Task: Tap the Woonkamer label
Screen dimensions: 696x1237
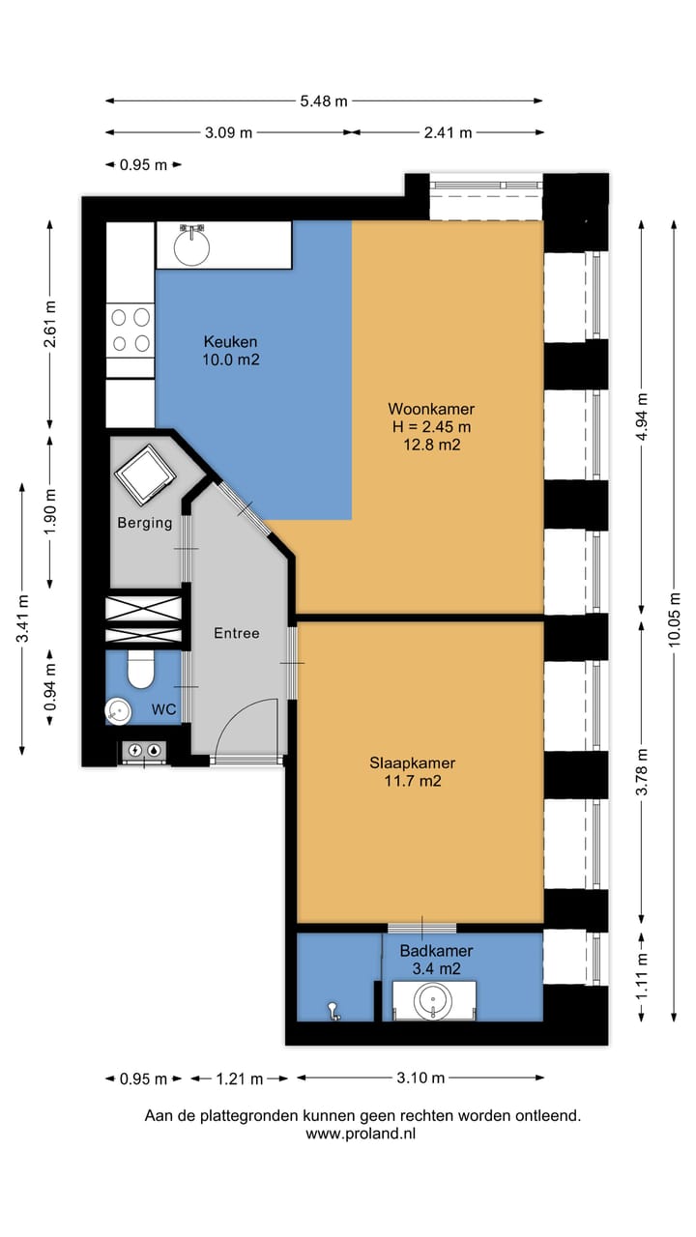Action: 431,409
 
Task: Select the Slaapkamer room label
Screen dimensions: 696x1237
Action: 413,762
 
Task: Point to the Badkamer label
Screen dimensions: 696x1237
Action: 436,950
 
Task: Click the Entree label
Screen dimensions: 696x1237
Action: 237,633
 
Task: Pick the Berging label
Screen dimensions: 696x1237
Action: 145,523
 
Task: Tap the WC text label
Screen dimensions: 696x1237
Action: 163,709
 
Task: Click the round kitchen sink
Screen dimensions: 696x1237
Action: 191,246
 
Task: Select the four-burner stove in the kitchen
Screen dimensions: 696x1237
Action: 130,331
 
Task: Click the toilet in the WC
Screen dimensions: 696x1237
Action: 141,670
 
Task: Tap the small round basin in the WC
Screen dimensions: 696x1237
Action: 118,711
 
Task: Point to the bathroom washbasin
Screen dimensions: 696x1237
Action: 434,1000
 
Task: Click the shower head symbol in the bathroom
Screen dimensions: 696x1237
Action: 333,1011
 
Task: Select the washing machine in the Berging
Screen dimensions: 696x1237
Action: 145,475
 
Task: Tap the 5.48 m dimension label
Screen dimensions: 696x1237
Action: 324,101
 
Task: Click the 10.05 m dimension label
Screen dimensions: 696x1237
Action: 674,619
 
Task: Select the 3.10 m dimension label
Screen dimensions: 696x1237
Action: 420,1078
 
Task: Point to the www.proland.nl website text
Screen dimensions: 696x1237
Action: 361,1134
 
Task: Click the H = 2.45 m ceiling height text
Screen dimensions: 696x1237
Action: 431,426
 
